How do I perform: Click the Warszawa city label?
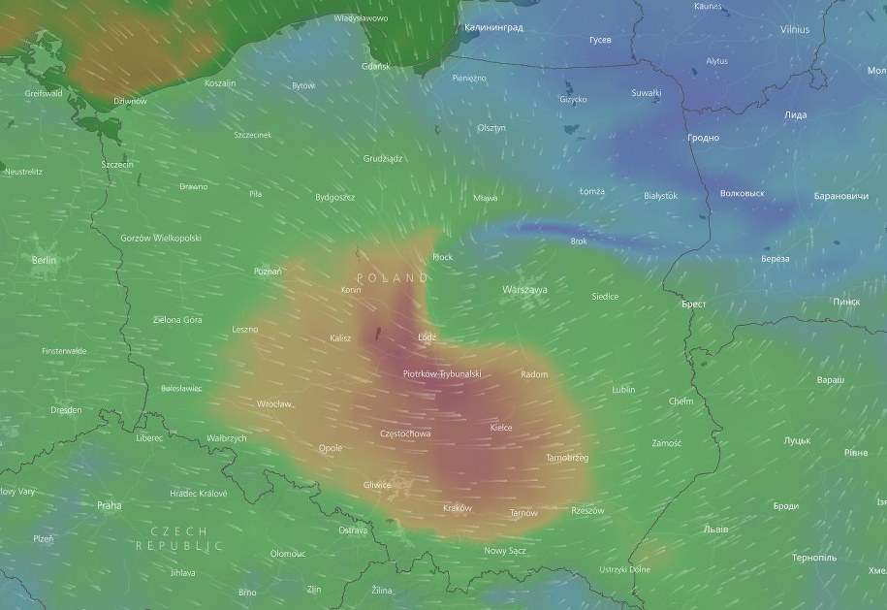524,289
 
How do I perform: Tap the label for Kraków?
457,508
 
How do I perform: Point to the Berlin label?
45,260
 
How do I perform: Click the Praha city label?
109,505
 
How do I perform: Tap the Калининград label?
493,28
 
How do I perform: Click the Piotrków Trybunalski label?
442,373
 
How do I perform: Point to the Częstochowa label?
406,433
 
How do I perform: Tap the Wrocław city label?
273,403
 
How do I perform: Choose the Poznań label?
267,272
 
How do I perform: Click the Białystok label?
660,196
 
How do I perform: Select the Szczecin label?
117,165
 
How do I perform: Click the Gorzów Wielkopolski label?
161,238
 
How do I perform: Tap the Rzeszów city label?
587,510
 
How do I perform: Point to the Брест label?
693,305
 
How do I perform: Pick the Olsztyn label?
491,128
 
